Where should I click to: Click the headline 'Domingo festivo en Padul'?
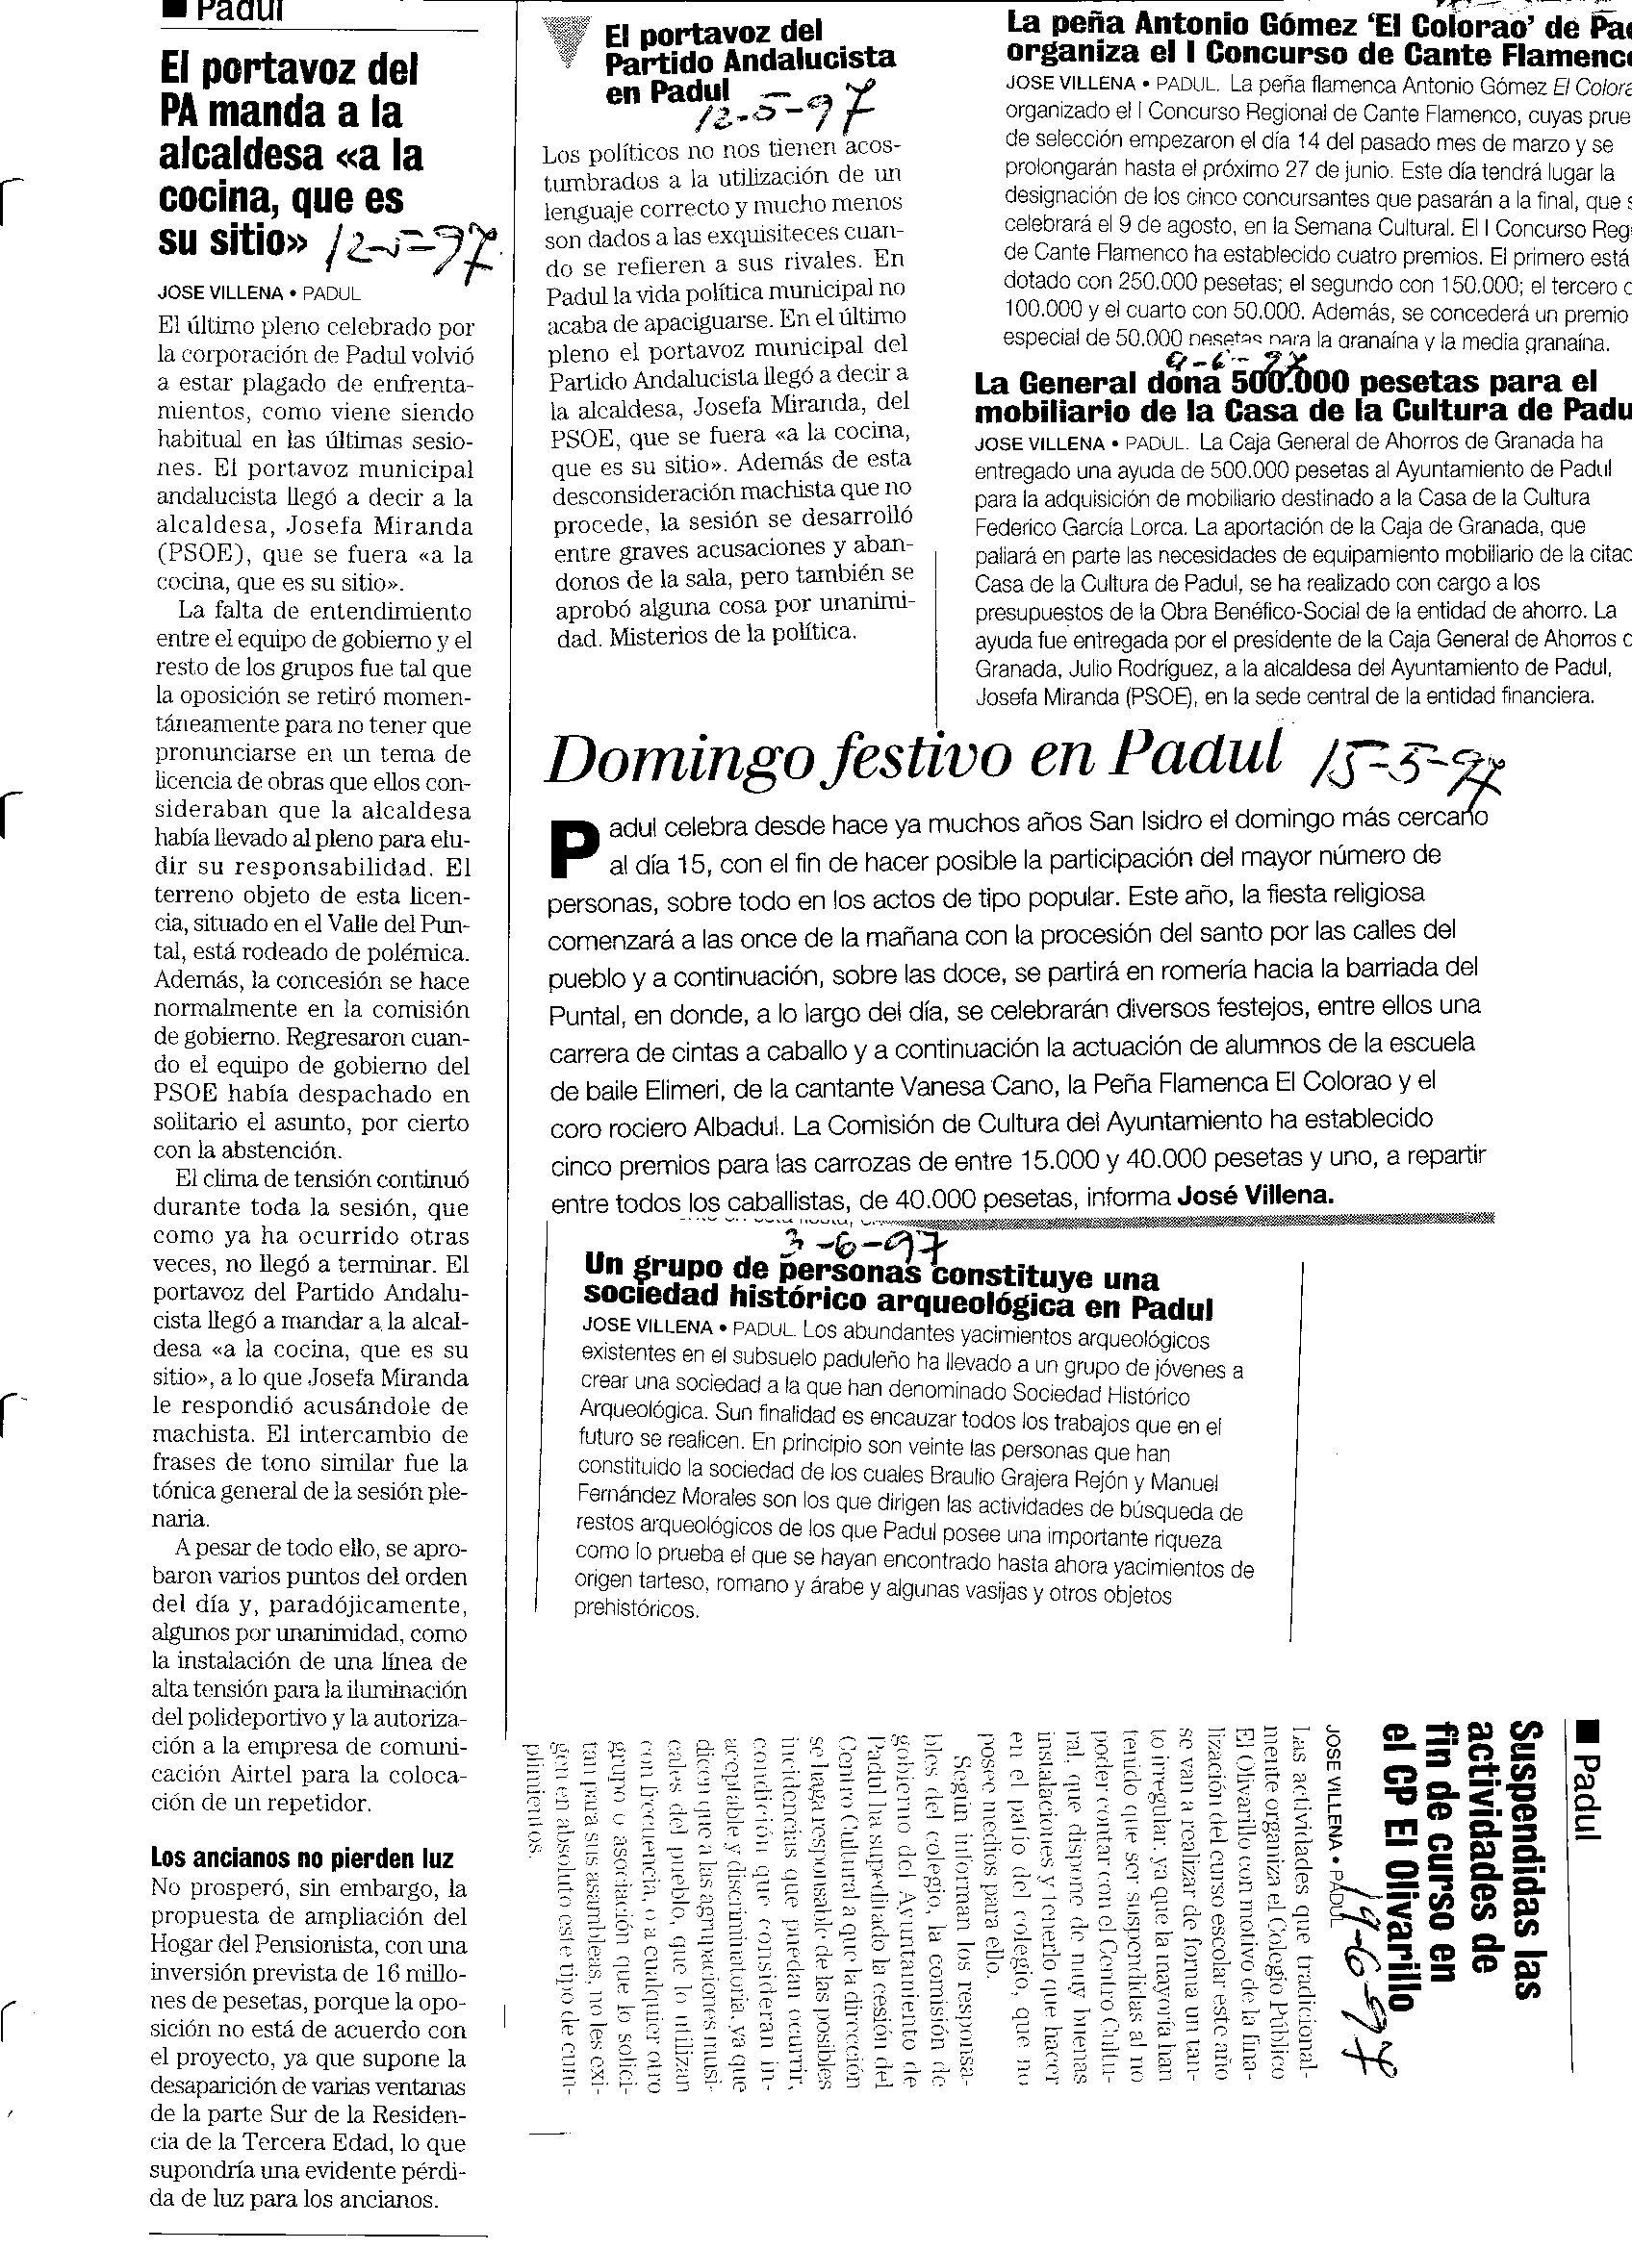pos(913,756)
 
